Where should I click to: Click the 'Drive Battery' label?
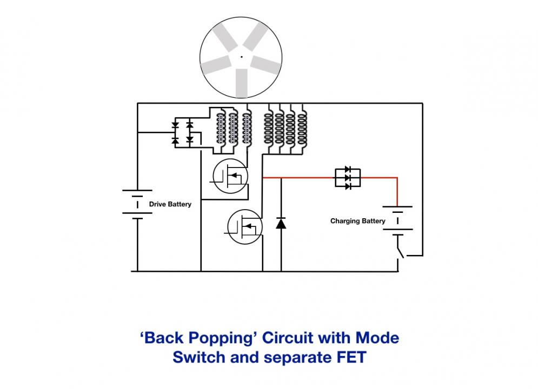(x=170, y=204)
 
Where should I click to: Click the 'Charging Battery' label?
(x=357, y=221)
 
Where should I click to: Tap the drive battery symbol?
(x=137, y=204)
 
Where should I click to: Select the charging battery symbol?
(x=397, y=221)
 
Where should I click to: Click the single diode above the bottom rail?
(x=281, y=223)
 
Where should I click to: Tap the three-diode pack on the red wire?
(x=348, y=178)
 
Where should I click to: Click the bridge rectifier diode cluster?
(x=182, y=132)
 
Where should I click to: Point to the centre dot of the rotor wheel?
(x=242, y=57)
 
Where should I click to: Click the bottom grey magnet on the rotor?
(x=242, y=83)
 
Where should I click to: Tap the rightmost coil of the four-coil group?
(x=302, y=129)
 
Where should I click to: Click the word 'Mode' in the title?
(x=377, y=338)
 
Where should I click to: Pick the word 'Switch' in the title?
(x=199, y=357)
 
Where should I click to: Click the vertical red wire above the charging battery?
(x=397, y=192)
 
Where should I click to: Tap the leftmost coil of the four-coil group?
(x=269, y=129)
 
